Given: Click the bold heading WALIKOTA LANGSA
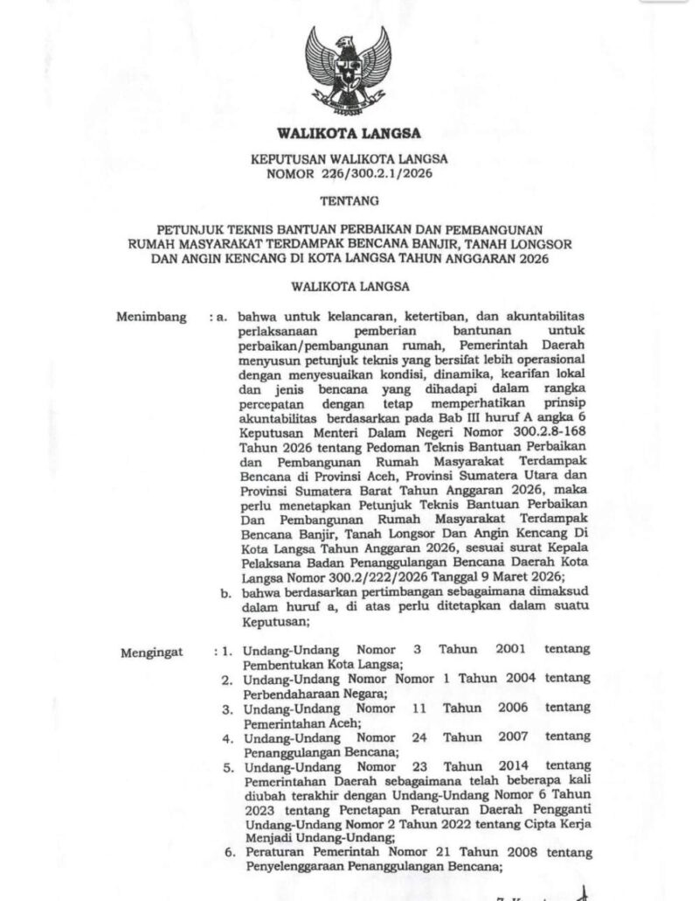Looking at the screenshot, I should pos(349,134).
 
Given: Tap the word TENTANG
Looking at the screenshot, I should pos(349,200).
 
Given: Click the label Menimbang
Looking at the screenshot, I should pos(151,317).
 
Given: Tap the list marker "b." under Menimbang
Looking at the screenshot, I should pos(225,594).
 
